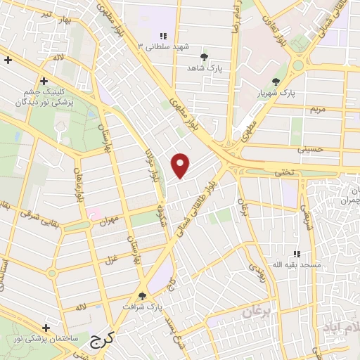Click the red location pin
pyautogui.click(x=181, y=165)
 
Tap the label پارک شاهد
pyautogui.click(x=203, y=68)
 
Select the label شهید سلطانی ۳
pyautogui.click(x=166, y=46)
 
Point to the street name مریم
pyautogui.click(x=318, y=109)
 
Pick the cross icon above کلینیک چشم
pyautogui.click(x=44, y=81)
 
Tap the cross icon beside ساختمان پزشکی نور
pyautogui.click(x=46, y=328)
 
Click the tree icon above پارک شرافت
pyautogui.click(x=143, y=296)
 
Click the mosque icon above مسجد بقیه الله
pyautogui.click(x=296, y=253)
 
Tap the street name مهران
pyautogui.click(x=109, y=219)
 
